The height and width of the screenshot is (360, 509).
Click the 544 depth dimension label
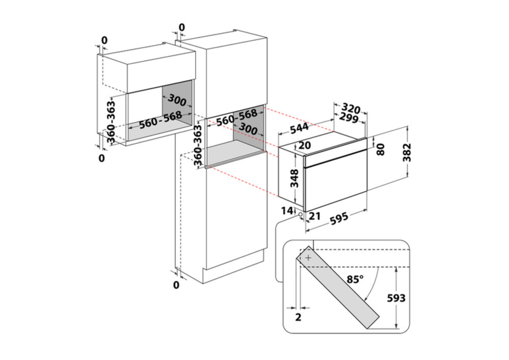click(299, 128)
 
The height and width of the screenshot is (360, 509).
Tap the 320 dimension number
click(351, 109)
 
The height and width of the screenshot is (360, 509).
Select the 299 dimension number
click(349, 118)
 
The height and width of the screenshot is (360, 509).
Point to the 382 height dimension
click(407, 152)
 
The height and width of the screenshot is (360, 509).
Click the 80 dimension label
click(381, 149)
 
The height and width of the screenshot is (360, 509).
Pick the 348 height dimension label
click(294, 178)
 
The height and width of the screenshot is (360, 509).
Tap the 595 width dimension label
click(339, 218)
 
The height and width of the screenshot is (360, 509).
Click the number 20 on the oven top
click(305, 145)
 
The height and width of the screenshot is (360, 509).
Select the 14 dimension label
click(287, 211)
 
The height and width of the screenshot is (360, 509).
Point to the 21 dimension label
click(315, 216)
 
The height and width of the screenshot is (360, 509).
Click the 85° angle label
click(355, 279)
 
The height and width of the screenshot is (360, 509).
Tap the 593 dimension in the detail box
click(396, 298)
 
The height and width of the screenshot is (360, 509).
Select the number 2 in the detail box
click(298, 317)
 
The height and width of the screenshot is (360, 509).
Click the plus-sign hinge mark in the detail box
click(308, 258)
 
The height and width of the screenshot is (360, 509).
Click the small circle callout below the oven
click(301, 215)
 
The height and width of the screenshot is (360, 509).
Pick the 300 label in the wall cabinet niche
click(177, 100)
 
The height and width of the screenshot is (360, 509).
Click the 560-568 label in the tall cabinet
click(237, 117)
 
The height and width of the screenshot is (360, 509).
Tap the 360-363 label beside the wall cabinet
click(111, 123)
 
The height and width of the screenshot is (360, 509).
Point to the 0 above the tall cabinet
click(182, 28)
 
